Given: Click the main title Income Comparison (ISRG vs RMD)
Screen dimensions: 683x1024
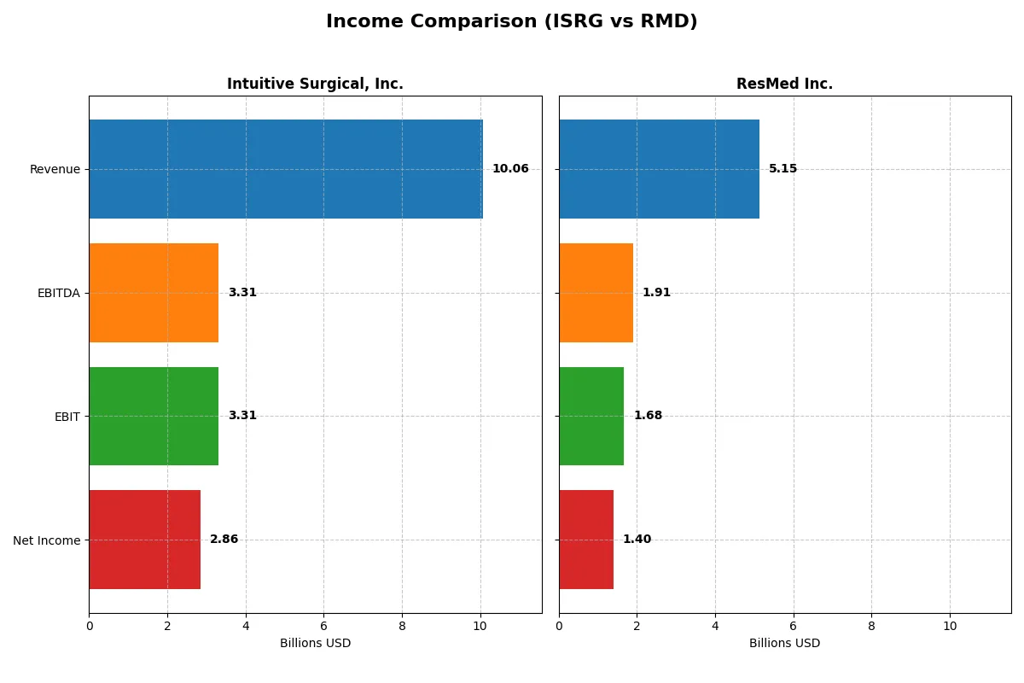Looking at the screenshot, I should tap(511, 22).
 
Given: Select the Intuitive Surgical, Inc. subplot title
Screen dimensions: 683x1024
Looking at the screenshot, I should tap(315, 84).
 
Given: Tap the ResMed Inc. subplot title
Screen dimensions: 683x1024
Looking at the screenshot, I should tap(784, 84).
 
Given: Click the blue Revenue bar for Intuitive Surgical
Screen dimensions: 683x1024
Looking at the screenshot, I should tap(286, 169).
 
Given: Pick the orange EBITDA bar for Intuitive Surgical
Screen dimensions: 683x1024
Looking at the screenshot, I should tap(154, 293).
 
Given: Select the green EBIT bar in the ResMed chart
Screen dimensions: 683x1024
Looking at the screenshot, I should tap(591, 417).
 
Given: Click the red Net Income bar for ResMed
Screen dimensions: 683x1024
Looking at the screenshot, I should tap(586, 540).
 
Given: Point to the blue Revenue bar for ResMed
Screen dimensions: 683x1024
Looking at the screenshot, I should tap(659, 169).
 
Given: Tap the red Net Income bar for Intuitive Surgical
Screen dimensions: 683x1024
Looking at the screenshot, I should tap(145, 540).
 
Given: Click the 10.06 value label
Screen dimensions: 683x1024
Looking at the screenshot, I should tap(510, 169).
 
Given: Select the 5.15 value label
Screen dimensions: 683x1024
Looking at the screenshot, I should tap(783, 169).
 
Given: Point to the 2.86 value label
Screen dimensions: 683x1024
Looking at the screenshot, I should tap(224, 540).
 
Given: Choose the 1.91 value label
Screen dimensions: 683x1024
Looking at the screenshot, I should tap(656, 293).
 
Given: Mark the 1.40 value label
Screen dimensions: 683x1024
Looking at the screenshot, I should tap(637, 540).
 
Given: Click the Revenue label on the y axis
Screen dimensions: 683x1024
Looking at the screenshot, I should tap(55, 169).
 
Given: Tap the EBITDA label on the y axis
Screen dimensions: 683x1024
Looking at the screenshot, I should tap(58, 293).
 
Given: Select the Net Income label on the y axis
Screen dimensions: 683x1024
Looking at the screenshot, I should tap(47, 540).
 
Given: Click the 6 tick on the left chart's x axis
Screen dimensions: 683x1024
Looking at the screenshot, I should tap(323, 626).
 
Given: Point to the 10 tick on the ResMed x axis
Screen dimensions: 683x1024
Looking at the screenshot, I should tap(950, 626).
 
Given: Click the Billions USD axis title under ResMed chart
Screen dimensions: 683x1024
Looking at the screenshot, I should tap(784, 644).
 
